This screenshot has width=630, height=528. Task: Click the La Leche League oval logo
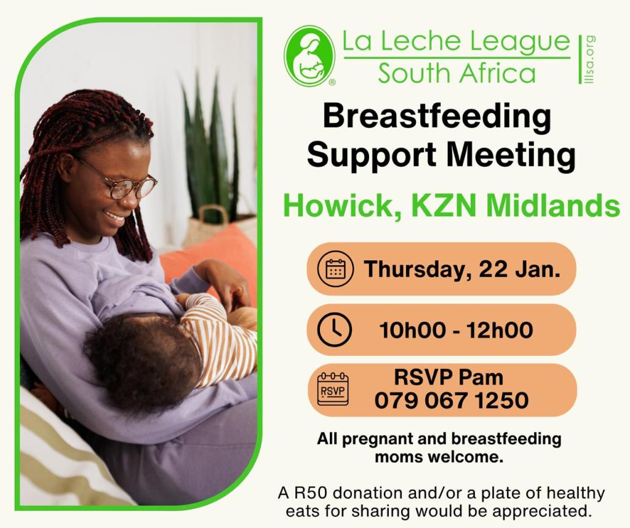tap(310, 56)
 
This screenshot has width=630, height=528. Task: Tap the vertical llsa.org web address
tap(590, 60)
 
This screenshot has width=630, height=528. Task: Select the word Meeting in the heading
tap(511, 156)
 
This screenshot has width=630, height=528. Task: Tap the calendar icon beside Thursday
tap(335, 269)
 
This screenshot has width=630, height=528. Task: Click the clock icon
tap(334, 329)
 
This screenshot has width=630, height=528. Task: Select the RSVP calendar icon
tap(333, 389)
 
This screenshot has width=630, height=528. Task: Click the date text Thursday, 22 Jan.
tap(462, 269)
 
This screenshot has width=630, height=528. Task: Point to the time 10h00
tap(412, 330)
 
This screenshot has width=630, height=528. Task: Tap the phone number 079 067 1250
tap(451, 401)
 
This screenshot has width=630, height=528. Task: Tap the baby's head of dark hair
tap(143, 359)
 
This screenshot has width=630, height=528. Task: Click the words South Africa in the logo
tap(457, 73)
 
